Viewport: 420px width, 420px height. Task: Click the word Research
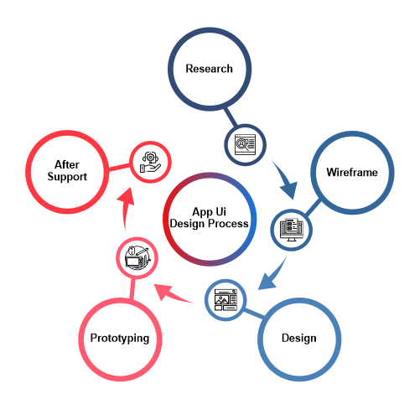coord(209,69)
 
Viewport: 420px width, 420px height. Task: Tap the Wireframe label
coord(352,172)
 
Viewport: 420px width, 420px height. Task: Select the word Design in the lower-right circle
coord(299,338)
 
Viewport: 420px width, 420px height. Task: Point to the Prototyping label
coord(120,338)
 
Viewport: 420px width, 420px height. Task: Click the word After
coord(67,164)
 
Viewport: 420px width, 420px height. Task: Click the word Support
coord(67,177)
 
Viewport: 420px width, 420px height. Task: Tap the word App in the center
coord(203,212)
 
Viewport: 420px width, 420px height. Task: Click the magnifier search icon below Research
coord(245,145)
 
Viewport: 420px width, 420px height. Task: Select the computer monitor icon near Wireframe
coord(292,230)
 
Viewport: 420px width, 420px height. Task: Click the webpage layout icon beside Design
coord(226,300)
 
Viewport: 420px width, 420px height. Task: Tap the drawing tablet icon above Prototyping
coord(137,257)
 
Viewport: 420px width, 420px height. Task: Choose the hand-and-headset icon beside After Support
coord(150,162)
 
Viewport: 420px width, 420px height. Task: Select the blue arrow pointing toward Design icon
coord(272,275)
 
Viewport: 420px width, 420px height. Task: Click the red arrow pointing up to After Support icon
coord(126,208)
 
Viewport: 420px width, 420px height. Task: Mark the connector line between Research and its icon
coord(231,117)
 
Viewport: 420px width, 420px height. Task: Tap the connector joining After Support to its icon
coord(119,167)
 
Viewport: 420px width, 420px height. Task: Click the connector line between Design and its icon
coord(254,314)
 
